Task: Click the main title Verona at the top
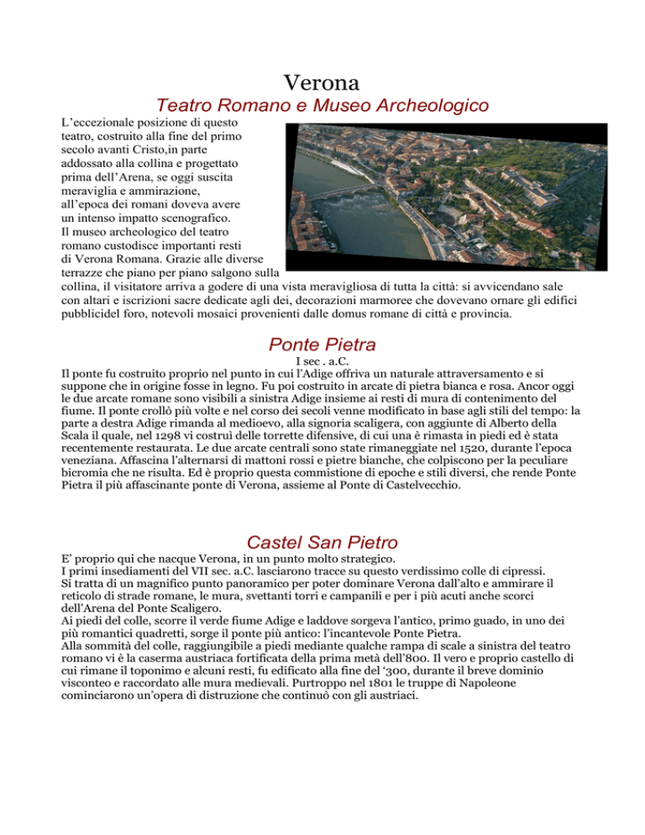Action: coord(322,83)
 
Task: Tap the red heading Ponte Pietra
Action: coord(322,344)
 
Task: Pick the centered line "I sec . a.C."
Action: coord(322,362)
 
